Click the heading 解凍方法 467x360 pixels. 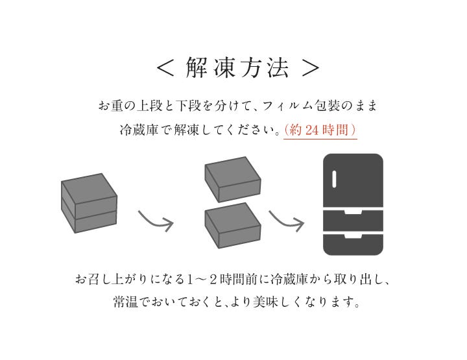coord(237,67)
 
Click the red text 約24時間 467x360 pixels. coord(320,130)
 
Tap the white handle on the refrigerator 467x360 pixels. coord(334,179)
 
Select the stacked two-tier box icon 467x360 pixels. coord(89,203)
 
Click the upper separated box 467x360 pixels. coord(233,180)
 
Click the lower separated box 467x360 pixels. coord(233,226)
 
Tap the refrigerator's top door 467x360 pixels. coord(353,180)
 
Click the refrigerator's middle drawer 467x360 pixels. coord(353,221)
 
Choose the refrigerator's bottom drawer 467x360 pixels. coord(353,245)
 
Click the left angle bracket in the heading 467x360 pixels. coord(165,68)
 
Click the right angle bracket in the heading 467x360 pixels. coord(310,68)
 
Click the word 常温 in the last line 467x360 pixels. coord(125,302)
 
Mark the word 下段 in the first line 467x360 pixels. coord(188,106)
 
